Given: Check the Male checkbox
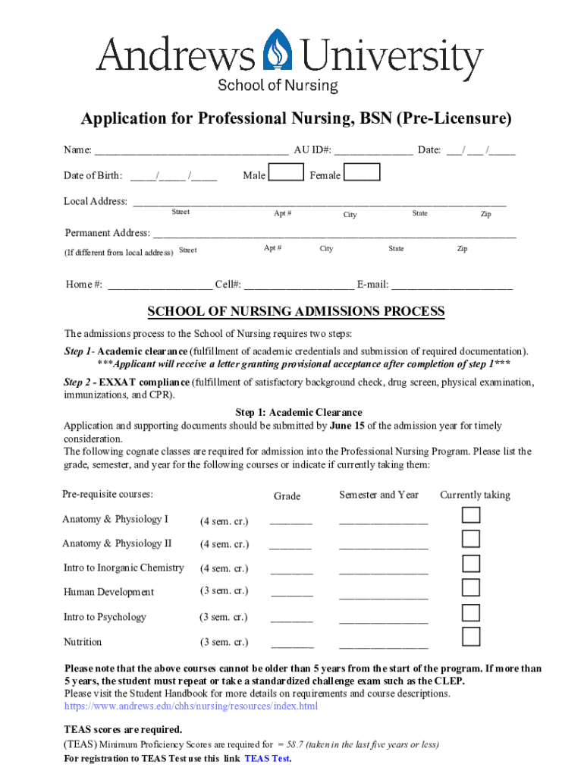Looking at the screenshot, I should click(x=287, y=173).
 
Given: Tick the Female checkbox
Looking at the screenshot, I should click(x=363, y=173).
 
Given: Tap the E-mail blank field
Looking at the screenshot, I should click(x=452, y=286).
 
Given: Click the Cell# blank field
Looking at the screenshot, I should click(x=299, y=286).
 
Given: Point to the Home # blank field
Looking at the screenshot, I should click(x=159, y=286).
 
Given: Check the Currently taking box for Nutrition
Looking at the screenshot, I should click(x=471, y=636).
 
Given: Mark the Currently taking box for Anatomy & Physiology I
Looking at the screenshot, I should click(x=471, y=515).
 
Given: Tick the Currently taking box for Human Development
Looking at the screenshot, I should click(x=471, y=587).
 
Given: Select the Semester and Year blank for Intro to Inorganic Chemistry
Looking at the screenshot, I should click(x=383, y=571).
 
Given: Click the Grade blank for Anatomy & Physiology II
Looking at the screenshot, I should click(x=290, y=546).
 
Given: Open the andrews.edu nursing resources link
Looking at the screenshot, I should click(x=190, y=706).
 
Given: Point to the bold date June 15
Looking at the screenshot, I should click(x=350, y=426).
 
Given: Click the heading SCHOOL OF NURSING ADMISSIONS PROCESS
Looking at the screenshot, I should click(x=295, y=312).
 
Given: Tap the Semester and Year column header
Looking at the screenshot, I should click(x=378, y=495).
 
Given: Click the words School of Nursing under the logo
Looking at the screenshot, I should click(x=278, y=86).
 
